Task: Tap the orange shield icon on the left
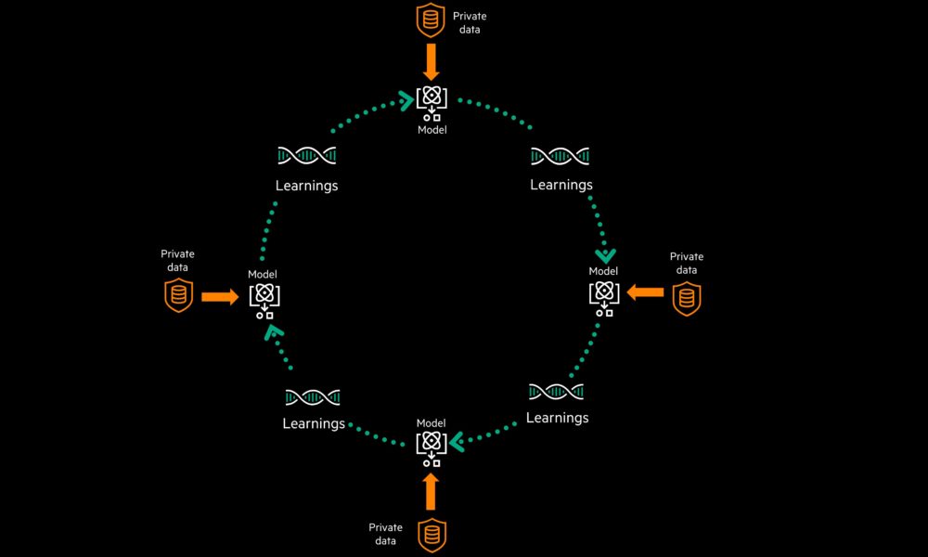point(179,295)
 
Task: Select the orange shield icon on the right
point(687,298)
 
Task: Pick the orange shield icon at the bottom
point(432,536)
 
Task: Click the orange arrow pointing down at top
point(432,63)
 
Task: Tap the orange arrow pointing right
point(220,297)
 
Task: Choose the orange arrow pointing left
point(645,292)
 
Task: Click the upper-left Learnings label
point(306,186)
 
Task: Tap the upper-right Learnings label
point(561,185)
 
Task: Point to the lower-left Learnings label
point(314,423)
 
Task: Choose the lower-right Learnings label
point(557,418)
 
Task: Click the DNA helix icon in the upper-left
point(306,156)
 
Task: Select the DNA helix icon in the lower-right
point(556,391)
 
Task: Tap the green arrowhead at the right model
point(605,254)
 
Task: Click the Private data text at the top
point(469,22)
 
